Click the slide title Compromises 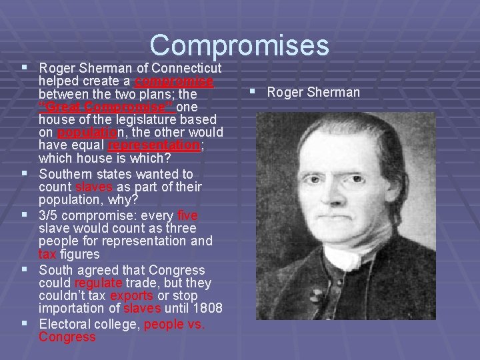[x=239, y=45]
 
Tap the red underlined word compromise [x=173, y=81]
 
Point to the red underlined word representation [x=153, y=145]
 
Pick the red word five [x=188, y=215]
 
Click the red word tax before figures [x=47, y=254]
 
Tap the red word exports [x=131, y=295]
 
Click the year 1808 [x=203, y=309]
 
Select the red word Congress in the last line [x=67, y=337]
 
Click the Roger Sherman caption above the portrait [x=313, y=92]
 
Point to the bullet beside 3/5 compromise [x=25, y=215]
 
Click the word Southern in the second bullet [x=64, y=175]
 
